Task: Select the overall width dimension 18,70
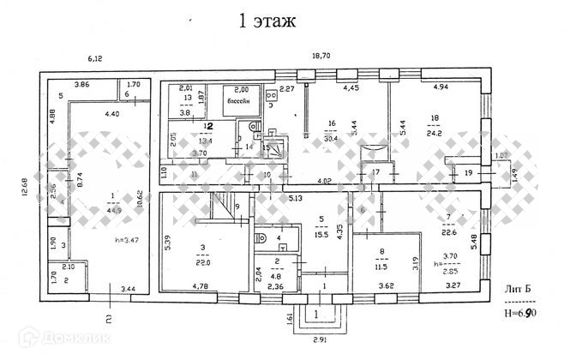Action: point(320,57)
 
